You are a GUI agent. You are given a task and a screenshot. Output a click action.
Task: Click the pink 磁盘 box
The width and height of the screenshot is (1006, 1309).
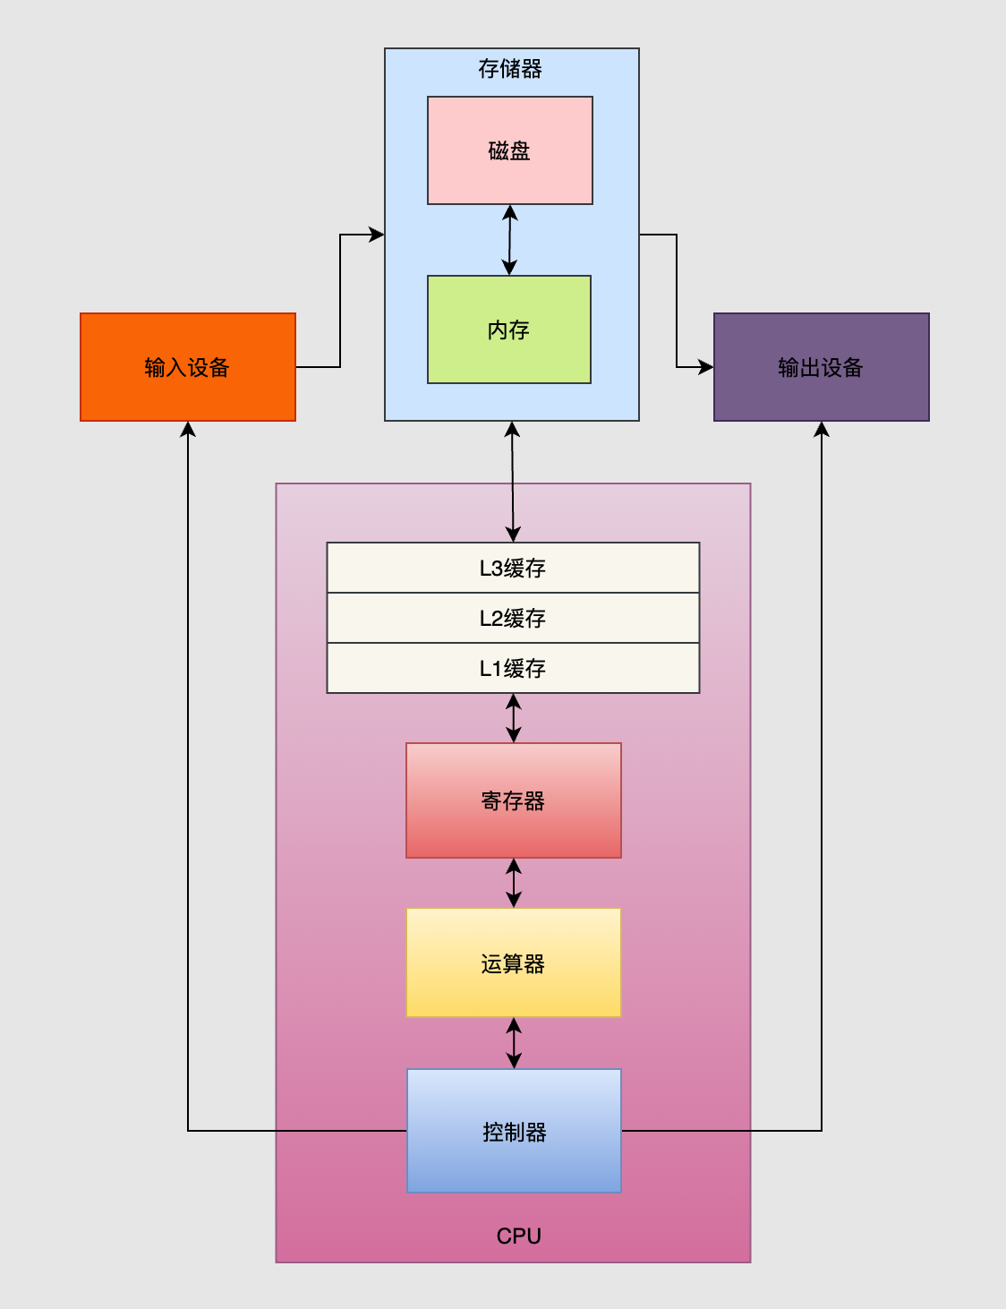(x=509, y=150)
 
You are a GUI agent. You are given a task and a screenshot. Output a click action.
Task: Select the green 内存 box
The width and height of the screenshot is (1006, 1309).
(x=508, y=329)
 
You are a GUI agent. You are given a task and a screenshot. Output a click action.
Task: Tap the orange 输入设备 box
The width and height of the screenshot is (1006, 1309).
(x=187, y=367)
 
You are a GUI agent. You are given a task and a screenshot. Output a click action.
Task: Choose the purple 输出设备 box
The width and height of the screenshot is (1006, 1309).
(x=821, y=367)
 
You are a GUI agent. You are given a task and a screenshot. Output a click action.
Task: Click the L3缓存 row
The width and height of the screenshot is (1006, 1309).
(x=513, y=568)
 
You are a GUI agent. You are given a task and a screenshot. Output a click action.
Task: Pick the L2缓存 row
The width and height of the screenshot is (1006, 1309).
(x=513, y=618)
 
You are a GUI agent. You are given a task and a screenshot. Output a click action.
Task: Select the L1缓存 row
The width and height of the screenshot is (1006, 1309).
(x=513, y=668)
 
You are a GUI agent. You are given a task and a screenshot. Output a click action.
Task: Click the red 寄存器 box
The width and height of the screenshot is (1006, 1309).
(x=513, y=800)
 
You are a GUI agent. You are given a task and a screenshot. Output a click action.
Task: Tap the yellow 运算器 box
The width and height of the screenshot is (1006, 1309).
(x=513, y=963)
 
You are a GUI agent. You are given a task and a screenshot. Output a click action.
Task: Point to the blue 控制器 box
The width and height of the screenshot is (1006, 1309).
(x=514, y=1132)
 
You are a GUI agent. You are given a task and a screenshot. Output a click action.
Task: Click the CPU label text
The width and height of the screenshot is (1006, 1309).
(x=518, y=1236)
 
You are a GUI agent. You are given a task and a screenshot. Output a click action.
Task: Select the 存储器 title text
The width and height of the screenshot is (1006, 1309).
(x=509, y=69)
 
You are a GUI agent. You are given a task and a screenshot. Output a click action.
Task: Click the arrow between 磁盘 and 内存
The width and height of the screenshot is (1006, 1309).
(x=509, y=240)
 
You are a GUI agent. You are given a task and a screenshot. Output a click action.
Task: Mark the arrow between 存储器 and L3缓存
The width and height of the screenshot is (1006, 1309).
(x=512, y=482)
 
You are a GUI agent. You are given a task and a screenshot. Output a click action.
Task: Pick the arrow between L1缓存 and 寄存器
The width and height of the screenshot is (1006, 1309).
(x=513, y=718)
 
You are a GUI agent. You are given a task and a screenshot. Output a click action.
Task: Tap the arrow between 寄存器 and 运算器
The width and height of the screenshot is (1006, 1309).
(x=513, y=883)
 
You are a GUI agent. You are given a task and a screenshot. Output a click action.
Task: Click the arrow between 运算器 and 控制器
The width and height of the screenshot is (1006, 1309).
(x=513, y=1043)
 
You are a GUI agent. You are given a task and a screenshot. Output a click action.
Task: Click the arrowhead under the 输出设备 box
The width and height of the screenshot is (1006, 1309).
(x=821, y=430)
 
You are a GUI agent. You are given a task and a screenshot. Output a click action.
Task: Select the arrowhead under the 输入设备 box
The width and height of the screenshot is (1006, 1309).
(x=188, y=430)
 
